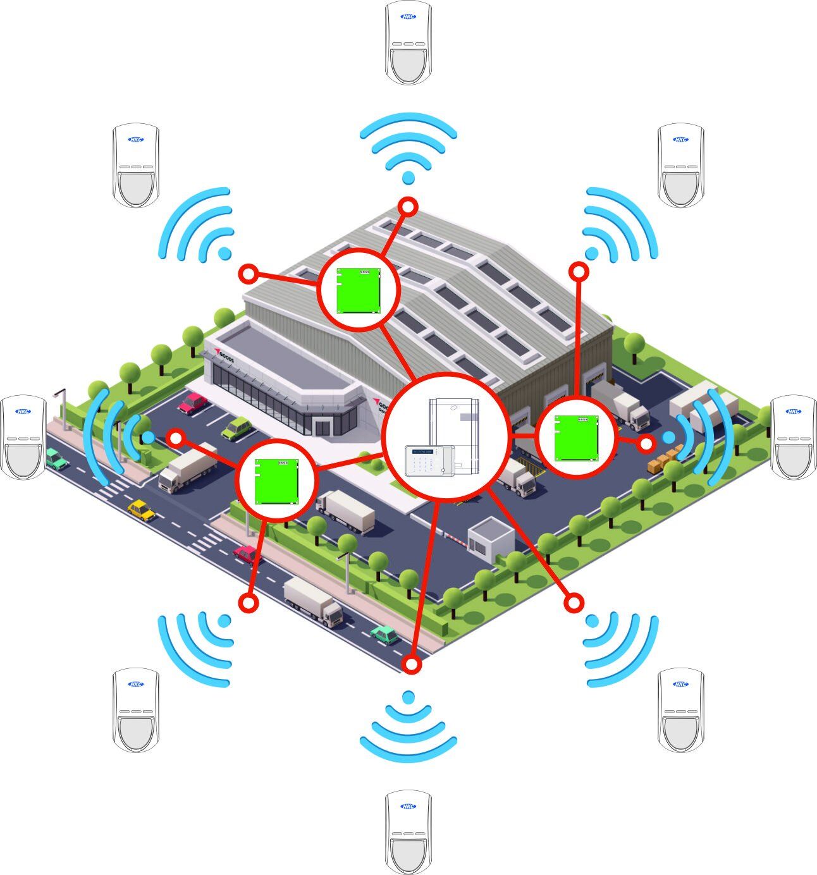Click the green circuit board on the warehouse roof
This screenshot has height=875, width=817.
click(359, 290)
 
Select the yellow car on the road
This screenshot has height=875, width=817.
click(142, 510)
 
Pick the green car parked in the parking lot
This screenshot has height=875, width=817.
click(237, 428)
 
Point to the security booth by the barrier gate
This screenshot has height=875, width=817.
click(491, 539)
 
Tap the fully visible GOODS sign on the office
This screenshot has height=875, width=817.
click(223, 356)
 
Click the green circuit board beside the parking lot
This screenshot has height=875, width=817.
click(276, 481)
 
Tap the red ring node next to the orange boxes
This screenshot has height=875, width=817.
click(646, 444)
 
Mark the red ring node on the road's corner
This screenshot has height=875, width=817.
click(412, 664)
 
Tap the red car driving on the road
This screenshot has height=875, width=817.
click(247, 554)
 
